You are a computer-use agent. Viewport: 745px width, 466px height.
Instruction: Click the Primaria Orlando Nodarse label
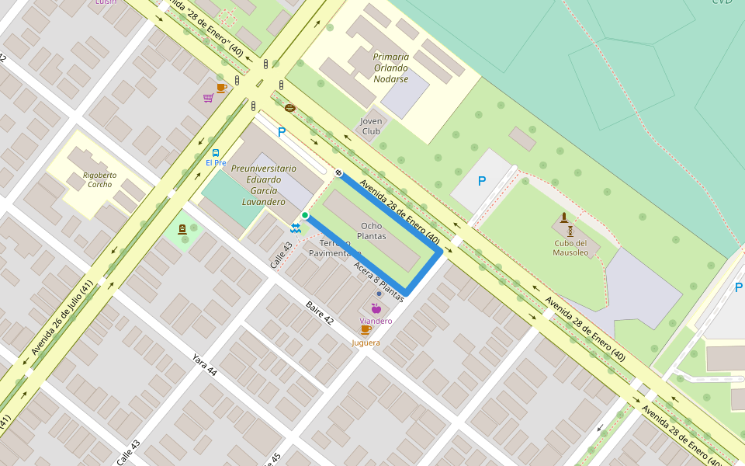pos(390,68)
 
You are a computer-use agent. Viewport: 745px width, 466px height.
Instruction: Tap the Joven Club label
pos(372,126)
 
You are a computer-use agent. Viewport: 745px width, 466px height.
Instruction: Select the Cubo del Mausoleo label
pos(570,247)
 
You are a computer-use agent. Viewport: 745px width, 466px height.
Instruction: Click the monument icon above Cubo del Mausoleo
pos(564,219)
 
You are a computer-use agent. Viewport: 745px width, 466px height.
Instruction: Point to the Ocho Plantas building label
pos(372,231)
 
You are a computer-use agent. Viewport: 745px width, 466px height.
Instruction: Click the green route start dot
pos(305,215)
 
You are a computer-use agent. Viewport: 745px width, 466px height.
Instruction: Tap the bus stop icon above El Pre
pos(215,153)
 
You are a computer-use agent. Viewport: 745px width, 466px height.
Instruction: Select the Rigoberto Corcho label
pos(99,179)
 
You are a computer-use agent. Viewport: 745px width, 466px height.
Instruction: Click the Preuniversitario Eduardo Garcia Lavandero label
pos(263,185)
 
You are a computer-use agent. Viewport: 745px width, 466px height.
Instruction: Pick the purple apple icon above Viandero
pos(376,309)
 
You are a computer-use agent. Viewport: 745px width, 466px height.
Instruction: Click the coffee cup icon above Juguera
pos(366,330)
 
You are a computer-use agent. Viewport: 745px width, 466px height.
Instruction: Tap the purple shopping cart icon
pos(208,98)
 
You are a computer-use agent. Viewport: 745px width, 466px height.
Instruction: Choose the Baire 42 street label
pos(319,312)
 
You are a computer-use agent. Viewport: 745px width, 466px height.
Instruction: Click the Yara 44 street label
pos(205,364)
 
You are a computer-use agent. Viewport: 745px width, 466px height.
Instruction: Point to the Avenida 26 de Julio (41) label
pos(63,318)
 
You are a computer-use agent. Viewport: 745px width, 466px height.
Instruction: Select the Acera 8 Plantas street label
pos(378,281)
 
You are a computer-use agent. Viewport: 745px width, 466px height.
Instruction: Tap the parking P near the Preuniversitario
pos(282,132)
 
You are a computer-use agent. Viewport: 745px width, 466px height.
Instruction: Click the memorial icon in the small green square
pos(182,229)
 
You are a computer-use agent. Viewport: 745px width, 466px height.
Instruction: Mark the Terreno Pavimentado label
pos(334,248)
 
